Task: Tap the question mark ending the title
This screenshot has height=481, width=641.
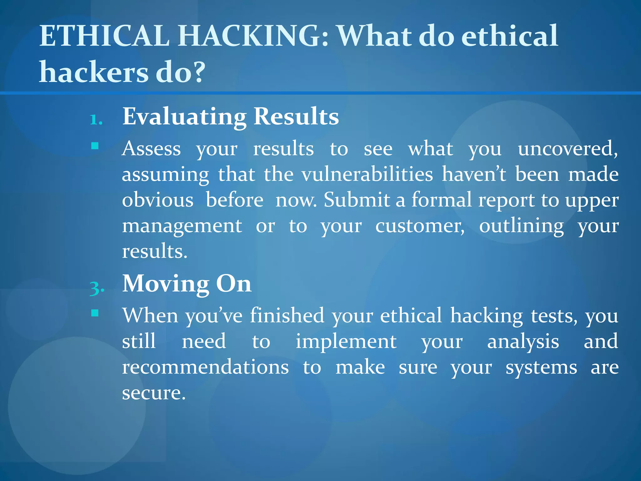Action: click(x=197, y=72)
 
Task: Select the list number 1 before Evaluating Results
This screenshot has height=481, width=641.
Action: click(x=96, y=120)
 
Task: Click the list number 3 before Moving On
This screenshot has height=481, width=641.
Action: click(x=96, y=287)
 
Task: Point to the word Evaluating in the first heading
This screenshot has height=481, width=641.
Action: click(x=184, y=116)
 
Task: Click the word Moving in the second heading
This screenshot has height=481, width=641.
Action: click(x=166, y=284)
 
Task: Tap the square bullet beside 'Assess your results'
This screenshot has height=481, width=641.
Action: click(x=95, y=146)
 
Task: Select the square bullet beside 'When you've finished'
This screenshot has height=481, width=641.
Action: click(x=95, y=313)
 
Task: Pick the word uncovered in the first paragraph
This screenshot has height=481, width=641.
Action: click(x=567, y=148)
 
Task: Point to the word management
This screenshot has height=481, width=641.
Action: click(x=182, y=226)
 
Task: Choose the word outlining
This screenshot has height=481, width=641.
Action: click(x=521, y=226)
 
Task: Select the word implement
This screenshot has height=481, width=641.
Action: click(x=346, y=342)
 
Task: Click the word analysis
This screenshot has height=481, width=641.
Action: click(x=523, y=342)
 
